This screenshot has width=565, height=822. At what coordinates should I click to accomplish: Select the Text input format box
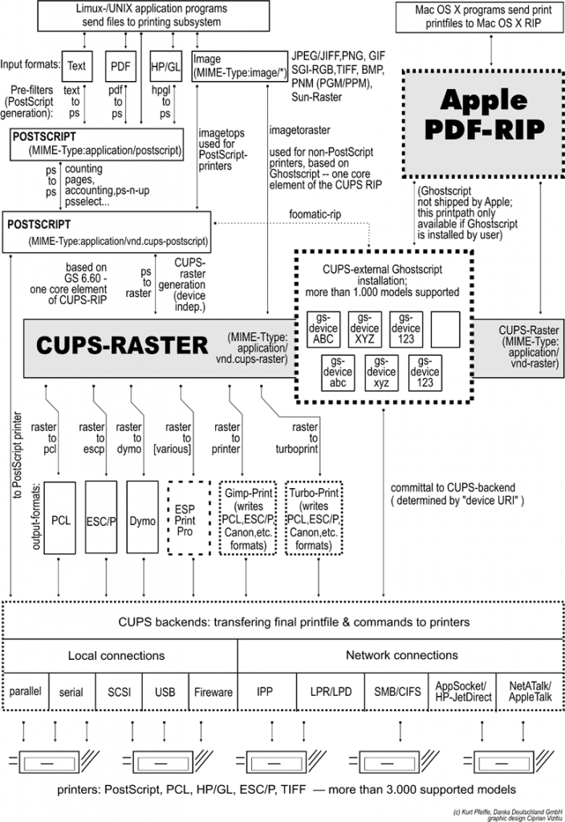coord(77,65)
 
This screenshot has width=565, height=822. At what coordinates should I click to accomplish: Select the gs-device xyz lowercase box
coord(381,372)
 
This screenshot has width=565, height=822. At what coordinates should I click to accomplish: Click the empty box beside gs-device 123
coord(445,328)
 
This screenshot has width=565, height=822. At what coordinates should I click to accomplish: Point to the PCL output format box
coord(61,519)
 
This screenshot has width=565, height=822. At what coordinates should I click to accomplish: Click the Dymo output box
coord(143,519)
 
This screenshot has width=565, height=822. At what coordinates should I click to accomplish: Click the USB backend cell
coord(165,691)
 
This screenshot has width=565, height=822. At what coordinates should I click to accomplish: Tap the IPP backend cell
coord(265,691)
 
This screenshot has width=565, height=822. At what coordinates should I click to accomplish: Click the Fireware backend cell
coord(213,691)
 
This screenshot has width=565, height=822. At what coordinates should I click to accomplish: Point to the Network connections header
coord(401,655)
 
